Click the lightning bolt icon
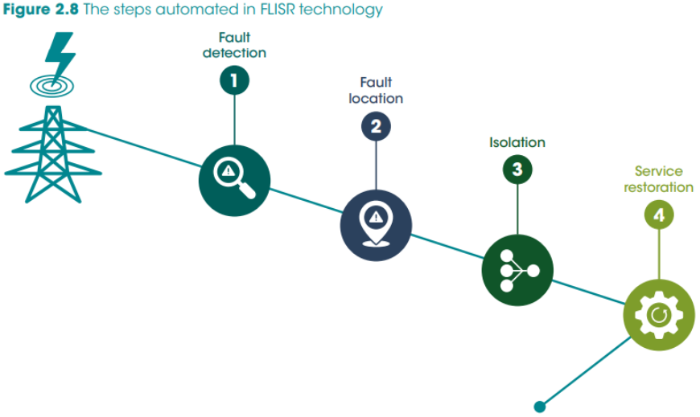(x=60, y=55)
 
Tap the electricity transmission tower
(x=53, y=154)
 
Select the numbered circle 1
(x=234, y=80)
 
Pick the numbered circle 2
(x=376, y=126)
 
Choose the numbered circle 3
(x=517, y=170)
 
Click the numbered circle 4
(x=659, y=215)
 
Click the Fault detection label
(x=234, y=45)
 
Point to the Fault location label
(x=376, y=90)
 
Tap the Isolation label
(x=517, y=142)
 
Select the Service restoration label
(x=658, y=179)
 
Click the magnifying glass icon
(x=234, y=178)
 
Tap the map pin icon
(x=376, y=225)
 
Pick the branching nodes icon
(x=518, y=271)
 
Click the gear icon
(x=659, y=315)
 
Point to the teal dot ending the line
(x=540, y=407)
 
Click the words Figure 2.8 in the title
(x=40, y=10)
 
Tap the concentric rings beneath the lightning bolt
(x=51, y=86)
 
